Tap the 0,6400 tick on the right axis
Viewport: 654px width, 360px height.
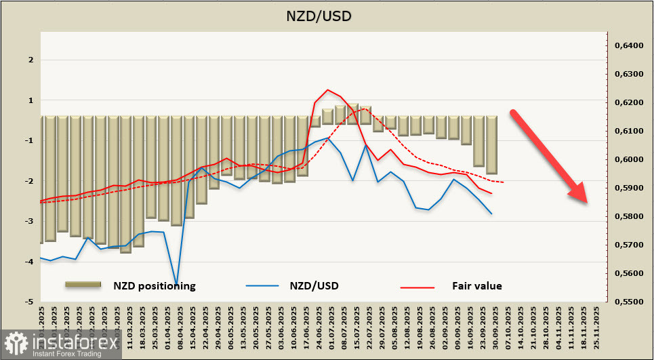(x=628, y=45)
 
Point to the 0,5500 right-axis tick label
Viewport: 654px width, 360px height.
(x=628, y=302)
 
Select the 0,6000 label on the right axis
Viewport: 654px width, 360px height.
(x=628, y=159)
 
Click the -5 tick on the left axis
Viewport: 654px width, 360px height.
(x=30, y=302)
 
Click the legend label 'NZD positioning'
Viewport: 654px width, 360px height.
(x=155, y=285)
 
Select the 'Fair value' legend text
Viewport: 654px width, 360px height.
(x=477, y=285)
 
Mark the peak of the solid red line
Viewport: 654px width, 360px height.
(x=327, y=89)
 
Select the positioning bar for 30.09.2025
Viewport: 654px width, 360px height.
(x=491, y=144)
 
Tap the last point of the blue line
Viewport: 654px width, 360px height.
(x=491, y=214)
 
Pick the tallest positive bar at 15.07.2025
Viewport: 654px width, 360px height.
(x=352, y=110)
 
